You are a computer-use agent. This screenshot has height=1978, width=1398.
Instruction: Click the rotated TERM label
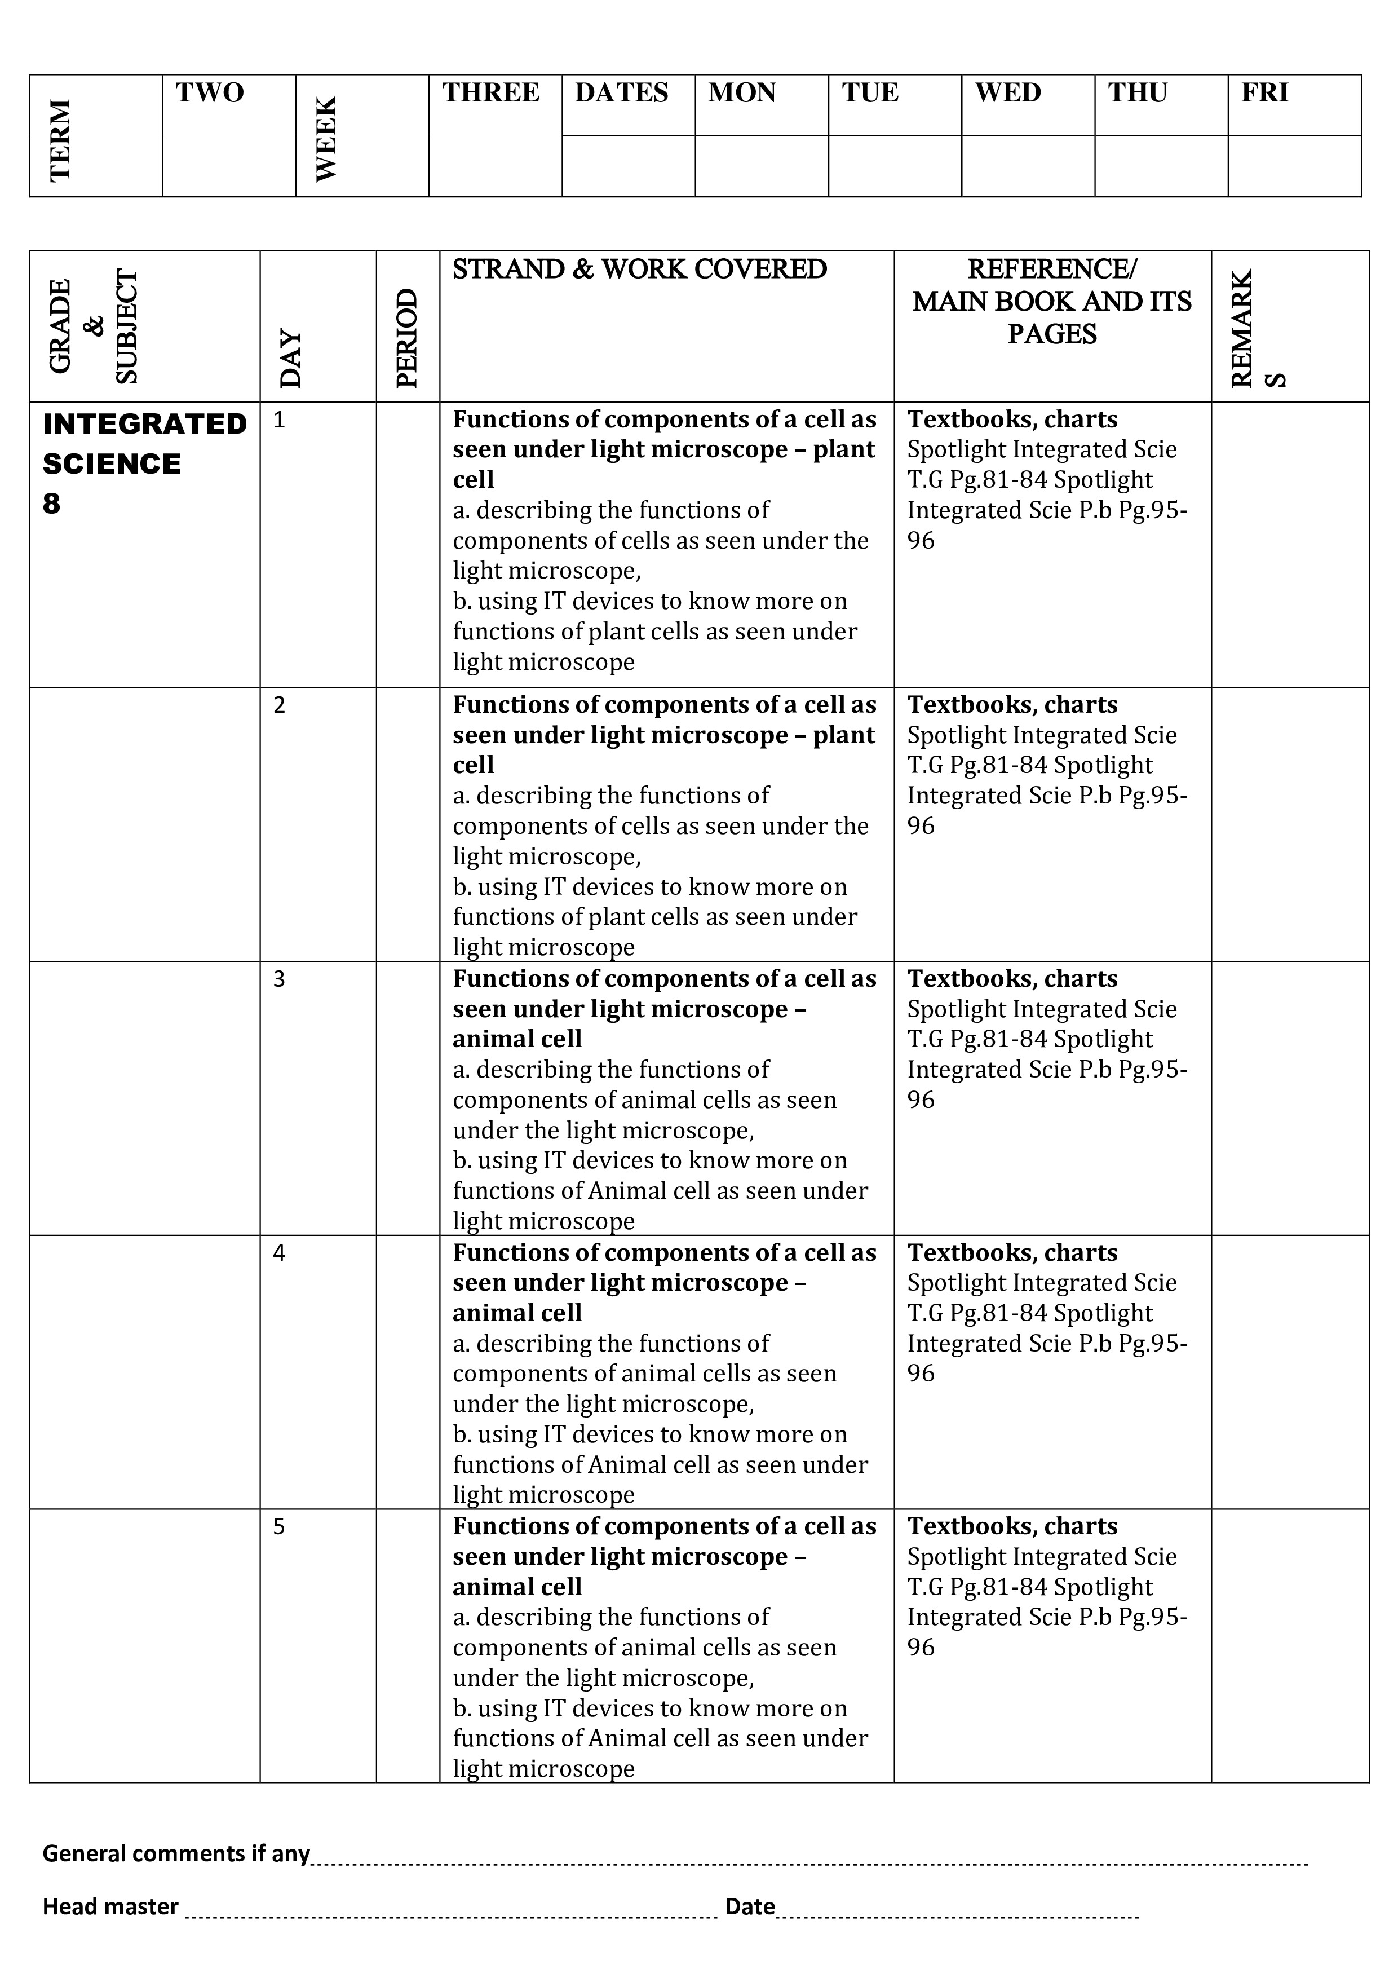(x=60, y=140)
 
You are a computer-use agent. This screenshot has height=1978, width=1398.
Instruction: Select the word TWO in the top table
(x=210, y=93)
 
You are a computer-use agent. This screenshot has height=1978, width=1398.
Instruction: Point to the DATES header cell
(x=621, y=93)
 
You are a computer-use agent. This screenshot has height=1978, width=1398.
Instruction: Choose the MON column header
(x=742, y=93)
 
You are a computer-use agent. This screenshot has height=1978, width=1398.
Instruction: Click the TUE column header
(x=870, y=93)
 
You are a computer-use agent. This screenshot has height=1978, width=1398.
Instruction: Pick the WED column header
(x=1008, y=93)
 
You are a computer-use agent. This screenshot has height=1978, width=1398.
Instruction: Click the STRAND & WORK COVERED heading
(x=639, y=270)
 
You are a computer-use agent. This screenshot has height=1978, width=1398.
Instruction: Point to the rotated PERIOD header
(x=406, y=338)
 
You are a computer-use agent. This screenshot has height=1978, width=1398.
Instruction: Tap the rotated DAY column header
(x=291, y=359)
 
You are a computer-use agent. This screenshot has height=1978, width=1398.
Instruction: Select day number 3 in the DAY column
(x=279, y=979)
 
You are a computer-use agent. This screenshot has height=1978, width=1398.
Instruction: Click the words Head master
(x=110, y=1906)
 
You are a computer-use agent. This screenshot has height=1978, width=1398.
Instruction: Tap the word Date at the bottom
(x=749, y=1906)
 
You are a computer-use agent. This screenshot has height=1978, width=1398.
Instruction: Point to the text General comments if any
(x=176, y=1853)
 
